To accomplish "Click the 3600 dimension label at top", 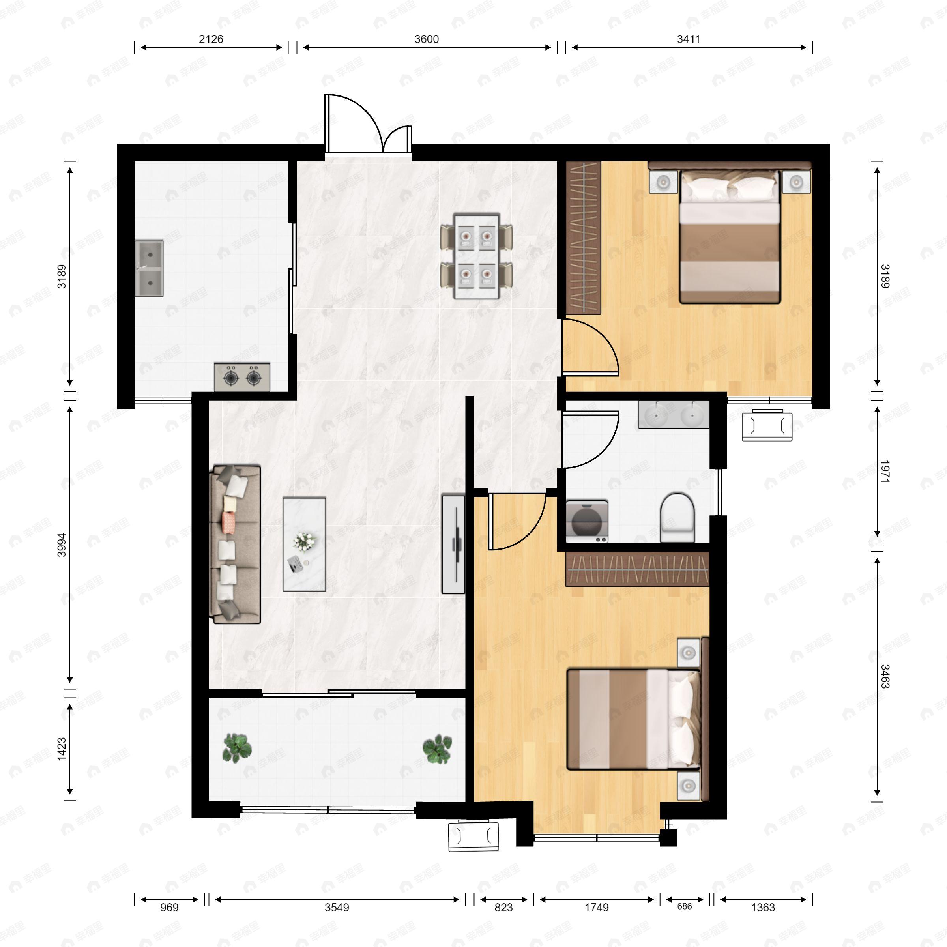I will pos(427,39).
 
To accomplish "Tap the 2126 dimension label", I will pos(211,39).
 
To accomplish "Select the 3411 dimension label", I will pos(688,39).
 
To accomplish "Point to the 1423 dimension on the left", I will pos(62,749).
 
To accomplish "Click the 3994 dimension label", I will pos(62,545).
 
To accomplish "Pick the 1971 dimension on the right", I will pos(885,472).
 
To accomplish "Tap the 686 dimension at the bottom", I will pos(684,906).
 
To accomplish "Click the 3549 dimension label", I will pos(337,907).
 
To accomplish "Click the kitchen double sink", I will pos(149,268).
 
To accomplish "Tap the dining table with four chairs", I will pos(476,255).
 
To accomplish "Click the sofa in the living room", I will pos(235,544).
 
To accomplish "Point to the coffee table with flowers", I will pos(304,544).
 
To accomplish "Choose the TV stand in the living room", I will pos(453,544).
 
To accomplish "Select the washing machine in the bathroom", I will pos(587,521).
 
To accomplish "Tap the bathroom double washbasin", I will pos(674,415).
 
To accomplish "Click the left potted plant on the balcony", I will pos(237,748).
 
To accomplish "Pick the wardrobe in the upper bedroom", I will pos(583,238).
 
